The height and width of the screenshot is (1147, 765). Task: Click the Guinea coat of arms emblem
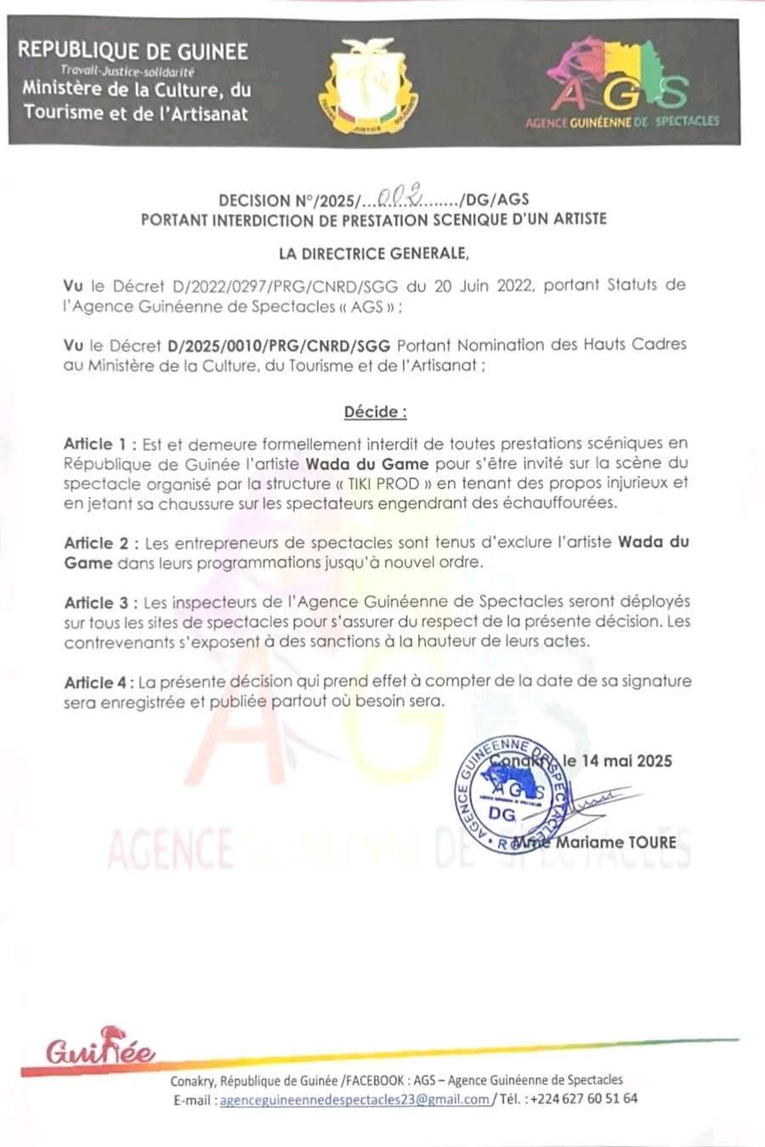click(368, 86)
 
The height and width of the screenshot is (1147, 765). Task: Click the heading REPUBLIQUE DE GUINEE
click(133, 51)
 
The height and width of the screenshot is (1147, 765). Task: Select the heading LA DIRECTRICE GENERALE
click(374, 252)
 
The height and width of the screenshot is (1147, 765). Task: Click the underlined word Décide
click(375, 412)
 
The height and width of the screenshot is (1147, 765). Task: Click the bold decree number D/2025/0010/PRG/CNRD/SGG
click(279, 345)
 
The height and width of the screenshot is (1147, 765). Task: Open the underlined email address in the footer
click(354, 1099)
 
